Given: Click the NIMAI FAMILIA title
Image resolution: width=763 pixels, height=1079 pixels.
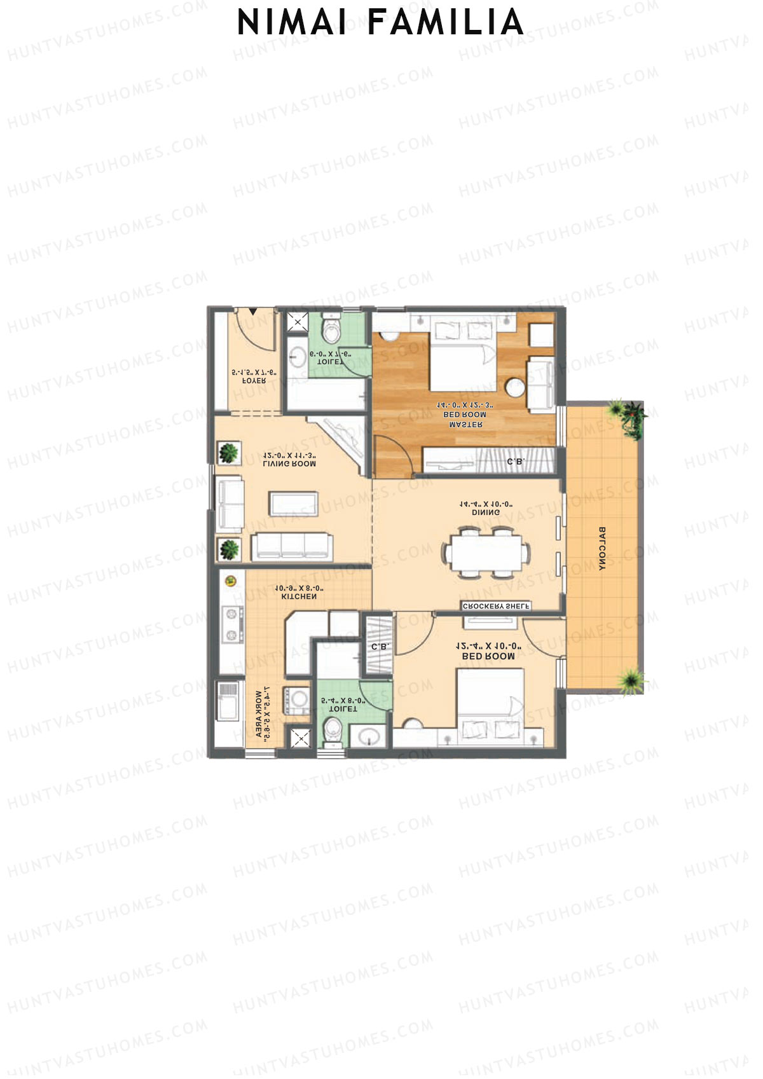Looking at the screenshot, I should coord(380,24).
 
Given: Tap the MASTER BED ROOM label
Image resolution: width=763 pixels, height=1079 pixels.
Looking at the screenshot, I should coord(467,415).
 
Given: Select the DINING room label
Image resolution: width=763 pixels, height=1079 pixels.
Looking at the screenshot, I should coord(486,508).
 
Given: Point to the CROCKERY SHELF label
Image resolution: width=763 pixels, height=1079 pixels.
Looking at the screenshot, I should coord(496,606).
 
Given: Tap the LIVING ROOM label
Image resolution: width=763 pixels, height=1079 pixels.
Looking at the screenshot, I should coord(289,460).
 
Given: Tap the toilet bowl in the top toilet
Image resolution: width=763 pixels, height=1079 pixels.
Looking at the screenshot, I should coord(332,328).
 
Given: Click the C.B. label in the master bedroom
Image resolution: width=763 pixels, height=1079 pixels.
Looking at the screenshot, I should coord(515,462).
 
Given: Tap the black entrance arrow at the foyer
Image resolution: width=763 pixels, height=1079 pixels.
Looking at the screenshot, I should coord(254,312).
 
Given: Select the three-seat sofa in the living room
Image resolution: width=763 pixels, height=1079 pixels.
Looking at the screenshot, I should coord(292,546).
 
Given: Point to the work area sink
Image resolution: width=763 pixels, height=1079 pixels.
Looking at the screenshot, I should coord(228,701).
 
